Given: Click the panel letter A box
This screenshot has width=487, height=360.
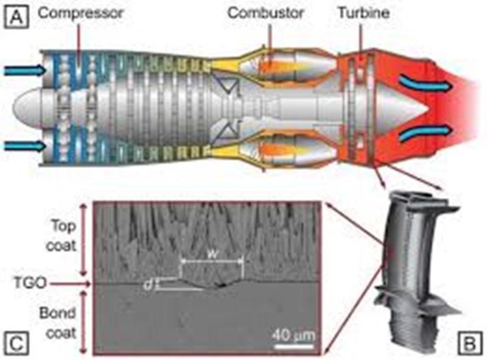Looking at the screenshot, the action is point(16,17).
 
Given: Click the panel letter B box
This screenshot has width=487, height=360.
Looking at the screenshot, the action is point(470,344).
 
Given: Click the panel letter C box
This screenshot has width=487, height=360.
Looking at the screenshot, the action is point(16,344).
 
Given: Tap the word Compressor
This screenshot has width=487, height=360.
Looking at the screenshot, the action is point(81,13).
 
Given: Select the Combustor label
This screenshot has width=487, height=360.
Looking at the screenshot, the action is point(265,13).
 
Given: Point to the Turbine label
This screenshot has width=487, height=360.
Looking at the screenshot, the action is point(363,13).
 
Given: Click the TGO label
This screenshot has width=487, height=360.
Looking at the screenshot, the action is point(30,283).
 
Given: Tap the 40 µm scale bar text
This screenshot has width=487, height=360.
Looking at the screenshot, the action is point(293,336).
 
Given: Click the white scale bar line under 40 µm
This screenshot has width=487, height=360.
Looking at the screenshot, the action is point(294,346).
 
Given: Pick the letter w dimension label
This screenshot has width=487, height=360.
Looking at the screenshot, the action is point(212,254).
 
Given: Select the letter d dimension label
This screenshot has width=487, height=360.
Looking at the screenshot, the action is point(149,284).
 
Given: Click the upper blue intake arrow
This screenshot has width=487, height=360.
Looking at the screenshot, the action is point(25,71).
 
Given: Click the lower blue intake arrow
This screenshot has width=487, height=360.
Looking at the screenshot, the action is point(25,146).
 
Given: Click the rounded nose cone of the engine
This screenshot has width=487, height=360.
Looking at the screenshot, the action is point(28,108).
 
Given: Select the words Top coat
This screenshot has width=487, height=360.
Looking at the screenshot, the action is point(61,235).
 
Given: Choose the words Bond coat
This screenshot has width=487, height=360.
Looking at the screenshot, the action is point(58,323).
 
